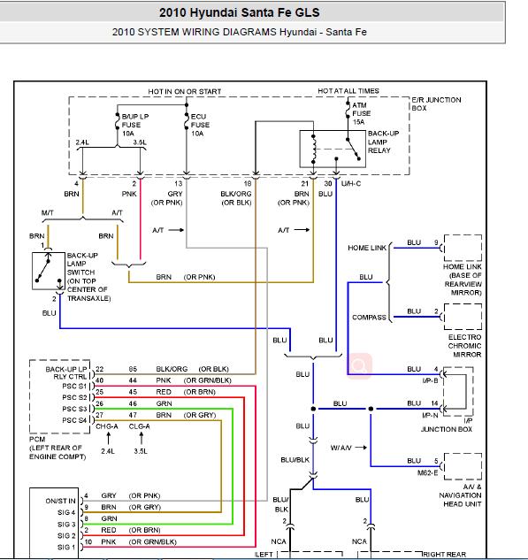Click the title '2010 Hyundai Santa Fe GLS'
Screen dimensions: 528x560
[239, 13]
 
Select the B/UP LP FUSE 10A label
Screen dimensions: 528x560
[135, 125]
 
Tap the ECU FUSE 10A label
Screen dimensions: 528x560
[200, 125]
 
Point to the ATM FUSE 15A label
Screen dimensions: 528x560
[361, 113]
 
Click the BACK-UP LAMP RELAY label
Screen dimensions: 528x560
[384, 142]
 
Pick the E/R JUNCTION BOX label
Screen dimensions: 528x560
[436, 104]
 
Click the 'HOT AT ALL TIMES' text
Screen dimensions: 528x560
[348, 91]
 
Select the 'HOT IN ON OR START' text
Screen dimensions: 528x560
[185, 91]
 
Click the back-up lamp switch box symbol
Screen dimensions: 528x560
[49, 271]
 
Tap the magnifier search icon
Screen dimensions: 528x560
[359, 366]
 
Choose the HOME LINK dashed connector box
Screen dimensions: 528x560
[463, 248]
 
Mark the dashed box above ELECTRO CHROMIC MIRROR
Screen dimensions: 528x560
[463, 317]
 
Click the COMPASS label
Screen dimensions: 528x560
[369, 317]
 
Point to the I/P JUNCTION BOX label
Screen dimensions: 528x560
[447, 425]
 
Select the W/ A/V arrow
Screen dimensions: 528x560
[361, 448]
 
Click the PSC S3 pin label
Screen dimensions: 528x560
[74, 409]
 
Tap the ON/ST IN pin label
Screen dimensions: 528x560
[60, 501]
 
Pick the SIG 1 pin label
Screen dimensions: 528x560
[66, 547]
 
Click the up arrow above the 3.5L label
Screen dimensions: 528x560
[142, 438]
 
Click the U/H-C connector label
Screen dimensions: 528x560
[351, 184]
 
